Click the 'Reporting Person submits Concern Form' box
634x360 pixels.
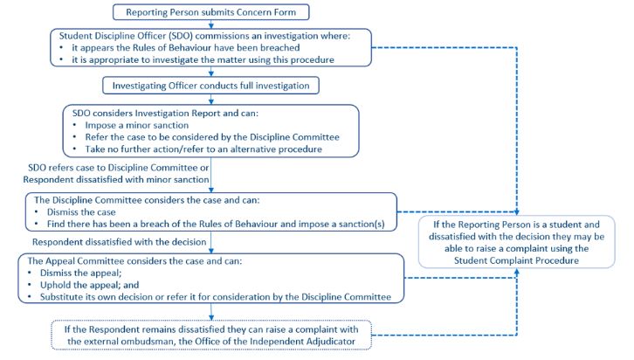[210, 12]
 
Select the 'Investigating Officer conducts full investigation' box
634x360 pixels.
[210, 86]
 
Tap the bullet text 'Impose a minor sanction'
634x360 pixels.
[136, 125]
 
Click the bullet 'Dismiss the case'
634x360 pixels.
[81, 212]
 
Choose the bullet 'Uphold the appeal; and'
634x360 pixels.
[89, 285]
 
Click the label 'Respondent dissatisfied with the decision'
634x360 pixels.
[120, 242]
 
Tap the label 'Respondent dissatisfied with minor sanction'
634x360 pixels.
[116, 179]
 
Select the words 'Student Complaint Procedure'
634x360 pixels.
[516, 260]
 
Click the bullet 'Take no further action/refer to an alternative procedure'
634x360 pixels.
[203, 149]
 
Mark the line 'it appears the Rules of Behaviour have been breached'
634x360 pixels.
[186, 48]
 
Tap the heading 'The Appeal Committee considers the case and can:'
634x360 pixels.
[134, 261]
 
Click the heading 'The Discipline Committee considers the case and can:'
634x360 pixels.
[147, 200]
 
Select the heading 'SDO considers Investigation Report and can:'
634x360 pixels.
[165, 113]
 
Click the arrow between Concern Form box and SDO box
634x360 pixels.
[210, 24]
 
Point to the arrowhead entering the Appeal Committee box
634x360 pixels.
[210, 251]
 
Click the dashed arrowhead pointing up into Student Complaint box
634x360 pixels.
[516, 272]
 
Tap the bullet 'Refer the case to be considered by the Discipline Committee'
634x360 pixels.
[212, 137]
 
